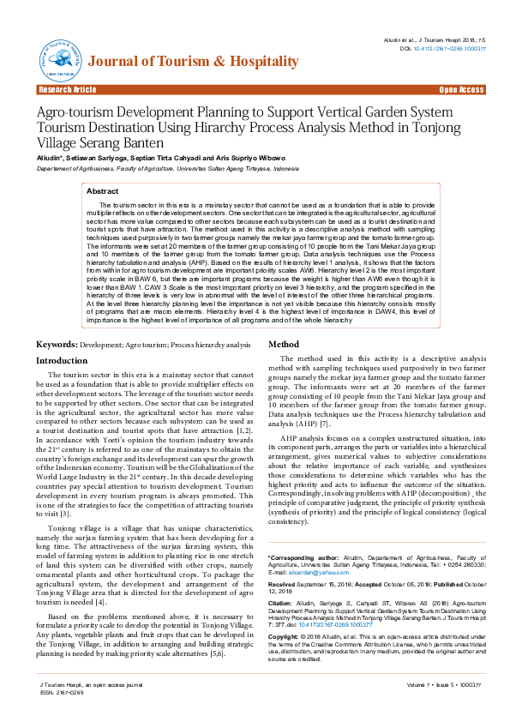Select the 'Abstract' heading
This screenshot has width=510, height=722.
[103, 191]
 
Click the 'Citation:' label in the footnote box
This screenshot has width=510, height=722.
[282, 579]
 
